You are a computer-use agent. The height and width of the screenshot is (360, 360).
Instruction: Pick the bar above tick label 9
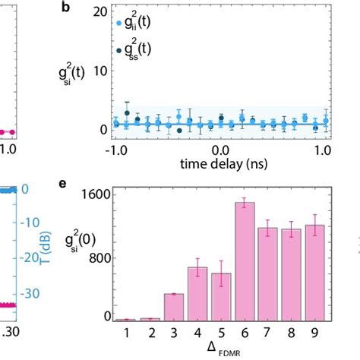click(314, 273)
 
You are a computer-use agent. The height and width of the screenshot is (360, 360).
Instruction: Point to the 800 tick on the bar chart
click(94, 257)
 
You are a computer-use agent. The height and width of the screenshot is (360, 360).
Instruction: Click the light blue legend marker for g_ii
click(118, 24)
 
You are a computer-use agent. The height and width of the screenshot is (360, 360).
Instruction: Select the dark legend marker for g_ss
click(118, 49)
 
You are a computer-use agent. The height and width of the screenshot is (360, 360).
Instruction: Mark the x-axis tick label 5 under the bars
click(221, 332)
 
